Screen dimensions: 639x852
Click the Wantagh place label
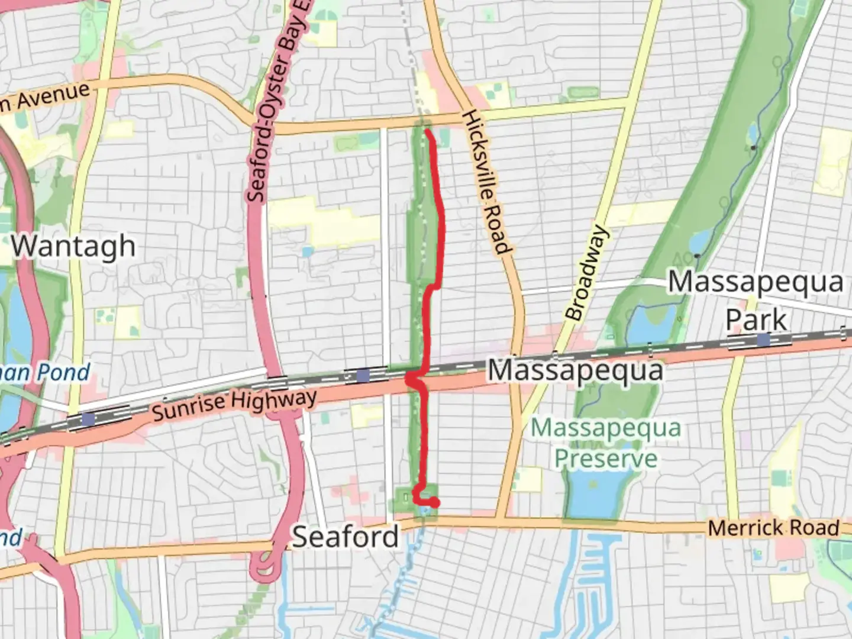click(x=73, y=246)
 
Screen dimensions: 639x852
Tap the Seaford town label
click(x=346, y=537)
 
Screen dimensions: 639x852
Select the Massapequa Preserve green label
click(x=606, y=443)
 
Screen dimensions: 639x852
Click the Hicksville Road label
click(x=486, y=182)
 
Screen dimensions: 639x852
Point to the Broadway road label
click(x=586, y=273)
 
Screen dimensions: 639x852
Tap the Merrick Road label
click(x=773, y=528)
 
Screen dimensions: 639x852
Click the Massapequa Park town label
click(x=756, y=301)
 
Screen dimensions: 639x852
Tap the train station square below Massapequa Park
click(x=763, y=340)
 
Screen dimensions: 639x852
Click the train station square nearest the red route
click(x=363, y=375)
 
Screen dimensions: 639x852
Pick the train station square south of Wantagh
click(x=89, y=419)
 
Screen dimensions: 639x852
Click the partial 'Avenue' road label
click(x=46, y=96)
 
